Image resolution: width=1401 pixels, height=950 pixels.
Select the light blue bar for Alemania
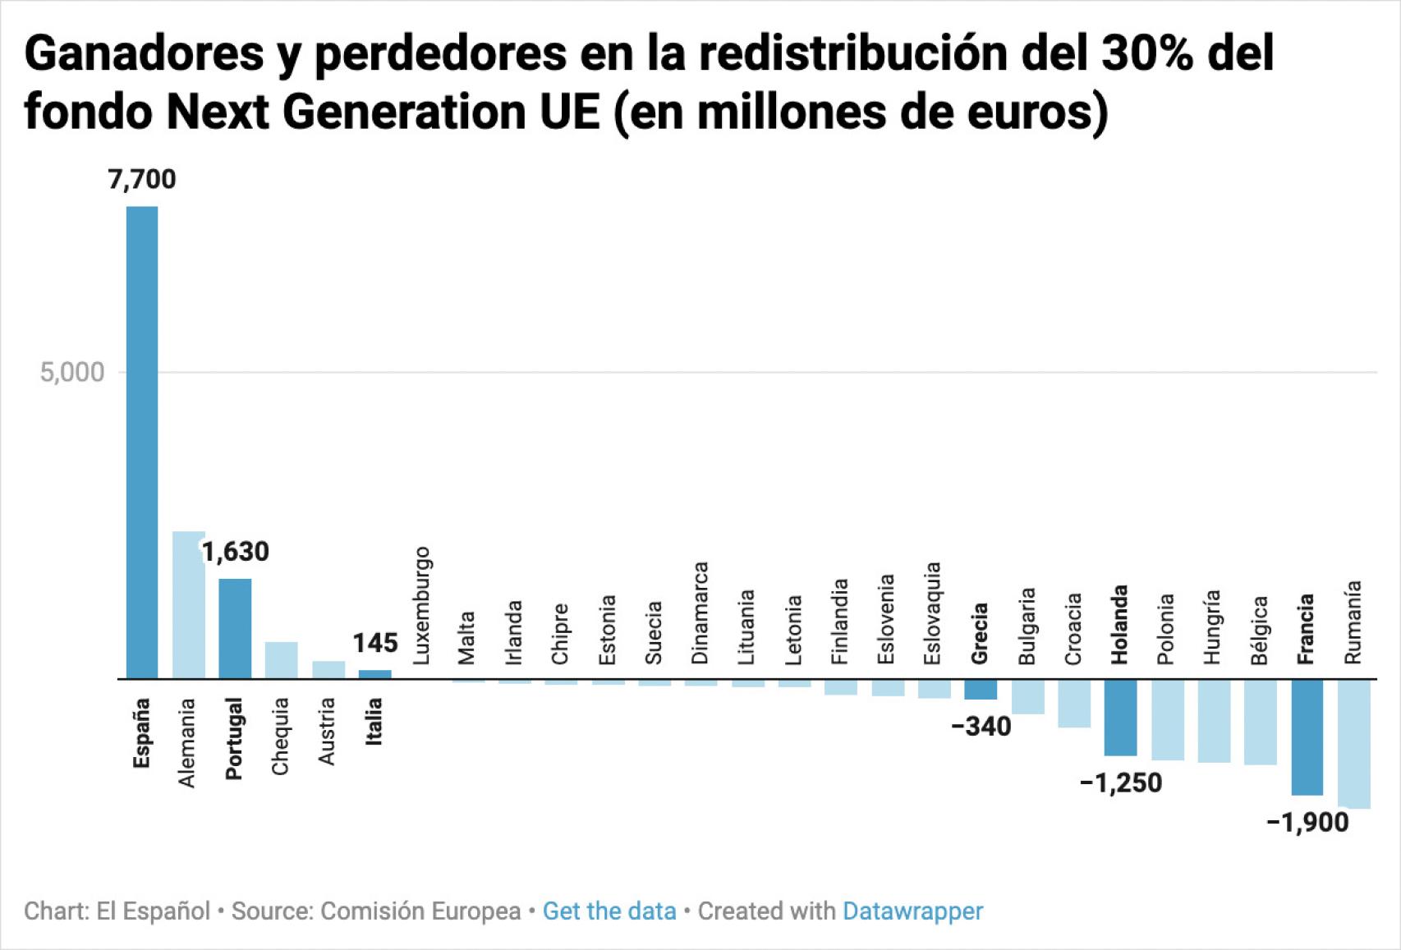[x=188, y=604]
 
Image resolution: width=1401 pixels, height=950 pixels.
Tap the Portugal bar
[x=235, y=628]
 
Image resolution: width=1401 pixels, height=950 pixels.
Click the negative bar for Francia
[x=1307, y=737]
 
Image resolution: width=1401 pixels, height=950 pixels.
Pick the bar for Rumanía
[x=1353, y=743]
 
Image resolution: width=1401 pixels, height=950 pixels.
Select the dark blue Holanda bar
[x=1120, y=717]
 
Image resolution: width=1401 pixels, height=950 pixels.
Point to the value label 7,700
[x=142, y=179]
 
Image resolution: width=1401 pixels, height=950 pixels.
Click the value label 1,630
[x=236, y=552]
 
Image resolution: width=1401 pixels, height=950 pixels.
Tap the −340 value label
[x=981, y=727]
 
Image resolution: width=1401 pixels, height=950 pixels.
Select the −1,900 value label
[x=1307, y=822]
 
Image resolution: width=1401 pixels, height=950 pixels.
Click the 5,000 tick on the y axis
[x=72, y=372]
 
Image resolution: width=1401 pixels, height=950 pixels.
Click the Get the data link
[x=609, y=911]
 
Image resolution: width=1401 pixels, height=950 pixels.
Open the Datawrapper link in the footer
[x=912, y=911]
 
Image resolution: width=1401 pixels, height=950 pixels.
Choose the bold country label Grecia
[x=980, y=633]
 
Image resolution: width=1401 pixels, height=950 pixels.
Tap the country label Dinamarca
[x=700, y=613]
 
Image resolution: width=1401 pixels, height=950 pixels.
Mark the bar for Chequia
[x=281, y=660]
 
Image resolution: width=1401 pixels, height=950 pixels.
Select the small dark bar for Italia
[x=374, y=674]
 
